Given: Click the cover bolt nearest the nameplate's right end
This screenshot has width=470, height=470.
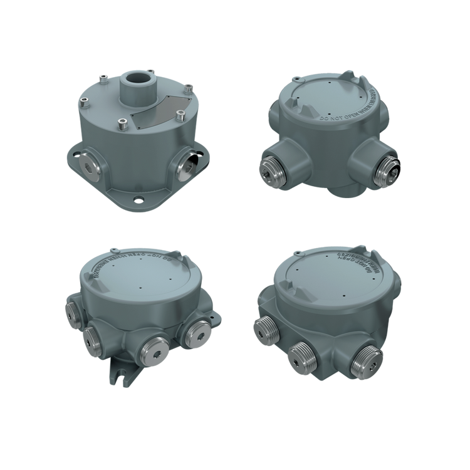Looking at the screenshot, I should tap(180, 115).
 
